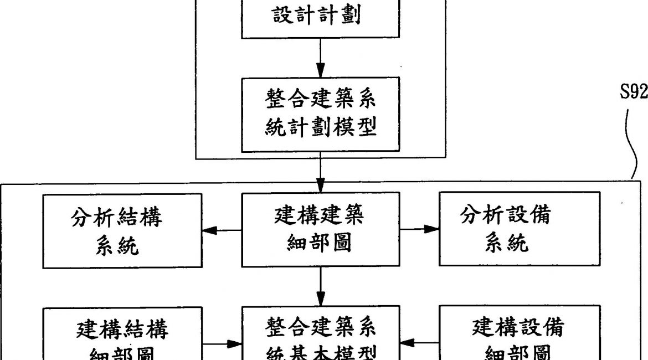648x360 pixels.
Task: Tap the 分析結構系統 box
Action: point(122,230)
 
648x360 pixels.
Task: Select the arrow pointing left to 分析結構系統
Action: point(221,229)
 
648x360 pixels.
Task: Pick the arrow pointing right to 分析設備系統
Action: point(419,229)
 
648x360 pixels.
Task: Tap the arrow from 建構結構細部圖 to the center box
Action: point(222,343)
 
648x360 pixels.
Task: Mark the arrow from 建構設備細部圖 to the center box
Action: point(420,343)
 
